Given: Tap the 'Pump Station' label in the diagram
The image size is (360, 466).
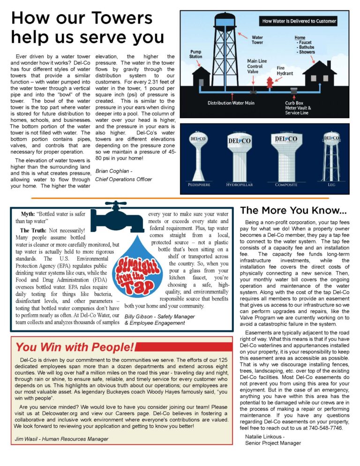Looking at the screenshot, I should click(196, 54).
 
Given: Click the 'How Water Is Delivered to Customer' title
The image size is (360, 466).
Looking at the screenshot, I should click(299, 21).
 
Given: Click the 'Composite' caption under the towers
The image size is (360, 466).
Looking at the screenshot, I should click(286, 185).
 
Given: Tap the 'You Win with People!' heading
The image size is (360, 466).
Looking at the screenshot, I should click(75, 347).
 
